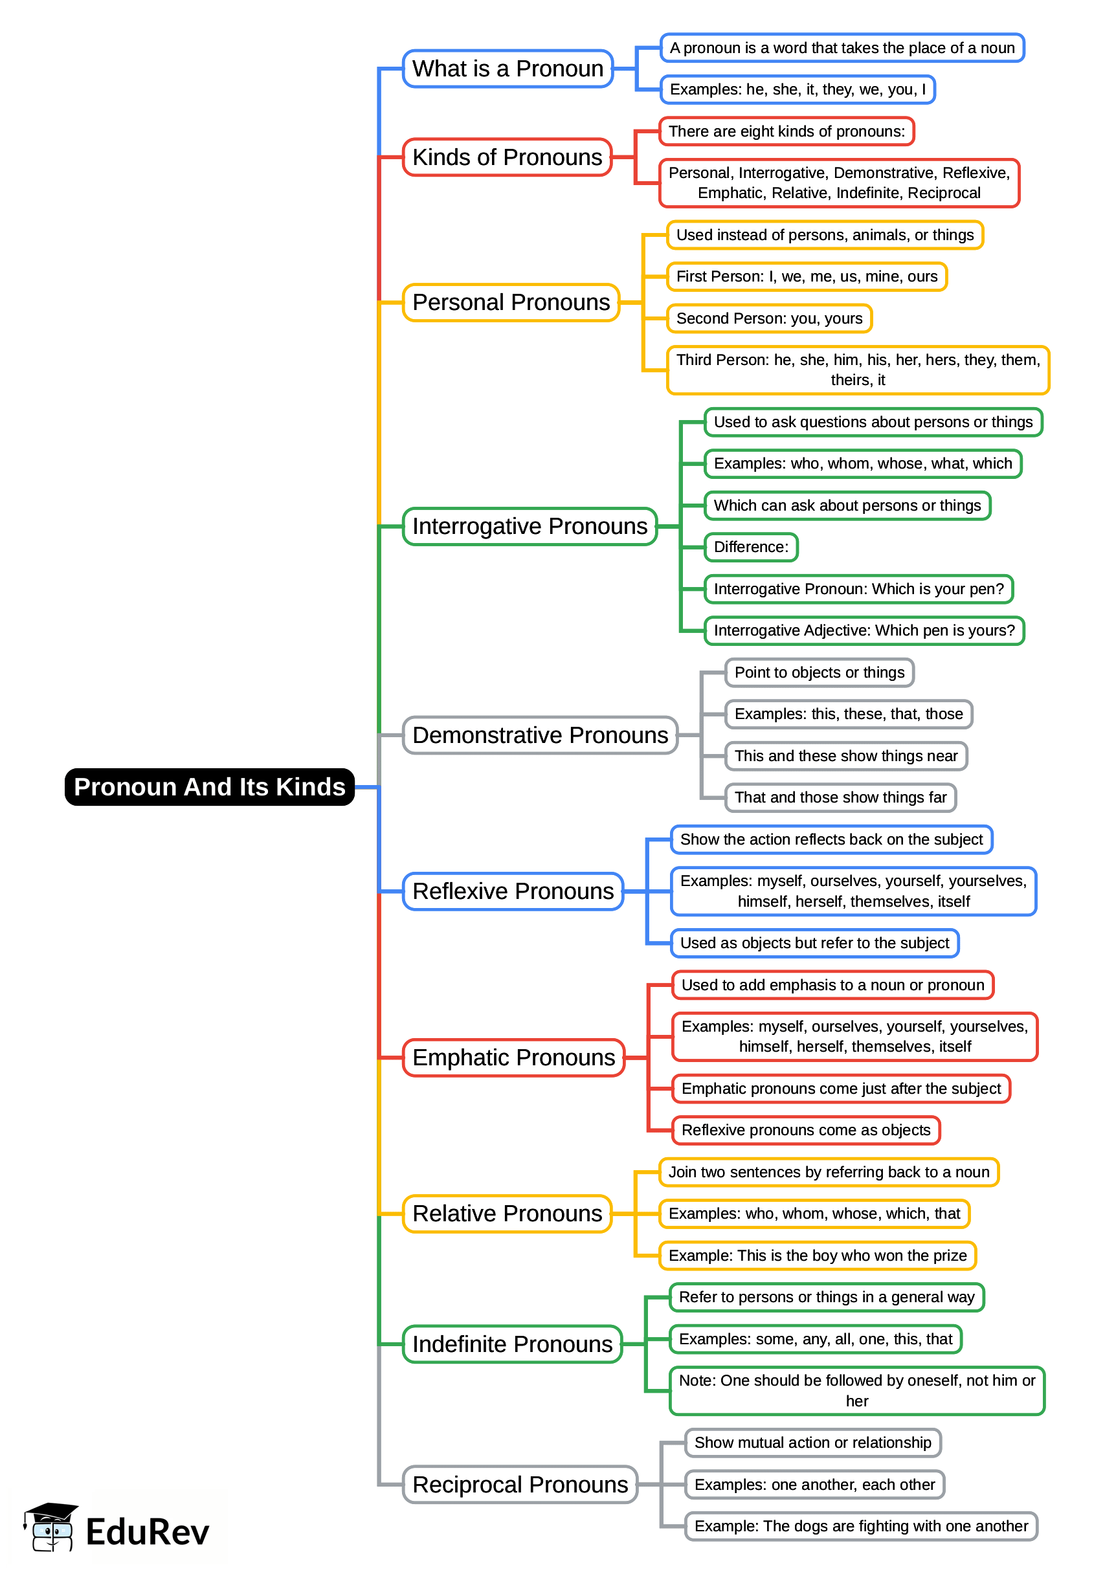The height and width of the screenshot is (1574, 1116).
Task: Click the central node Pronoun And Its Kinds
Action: click(x=210, y=786)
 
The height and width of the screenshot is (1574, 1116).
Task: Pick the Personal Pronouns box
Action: click(x=511, y=302)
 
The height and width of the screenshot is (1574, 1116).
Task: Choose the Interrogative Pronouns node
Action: click(x=529, y=526)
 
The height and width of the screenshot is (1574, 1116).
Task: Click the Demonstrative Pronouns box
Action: click(x=539, y=735)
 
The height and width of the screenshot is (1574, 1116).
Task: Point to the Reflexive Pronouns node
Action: click(x=513, y=891)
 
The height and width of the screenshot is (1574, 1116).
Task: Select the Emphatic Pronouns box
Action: click(x=513, y=1058)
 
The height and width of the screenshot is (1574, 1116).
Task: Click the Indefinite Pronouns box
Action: click(x=512, y=1344)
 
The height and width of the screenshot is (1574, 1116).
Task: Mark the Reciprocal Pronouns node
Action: click(x=520, y=1485)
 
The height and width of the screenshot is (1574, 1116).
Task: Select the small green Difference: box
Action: click(x=750, y=547)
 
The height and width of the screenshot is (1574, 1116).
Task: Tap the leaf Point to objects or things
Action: click(x=819, y=672)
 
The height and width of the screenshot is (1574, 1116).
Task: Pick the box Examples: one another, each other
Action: click(x=814, y=1485)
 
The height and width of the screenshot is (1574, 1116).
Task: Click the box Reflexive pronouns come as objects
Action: click(x=805, y=1130)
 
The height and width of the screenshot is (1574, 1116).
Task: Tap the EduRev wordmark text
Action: click(x=147, y=1532)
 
